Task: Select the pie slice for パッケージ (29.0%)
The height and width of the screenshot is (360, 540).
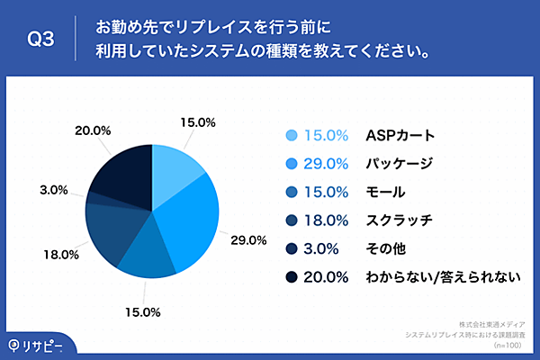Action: pyautogui.click(x=191, y=216)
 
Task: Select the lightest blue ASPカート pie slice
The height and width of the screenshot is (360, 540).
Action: pyautogui.click(x=174, y=167)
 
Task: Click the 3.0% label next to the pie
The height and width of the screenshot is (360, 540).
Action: pyautogui.click(x=54, y=190)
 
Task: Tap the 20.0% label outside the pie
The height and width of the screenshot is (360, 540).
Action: pyautogui.click(x=93, y=130)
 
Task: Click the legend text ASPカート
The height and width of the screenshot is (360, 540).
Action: pyautogui.click(x=400, y=136)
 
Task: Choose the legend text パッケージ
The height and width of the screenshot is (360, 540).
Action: pyautogui.click(x=400, y=164)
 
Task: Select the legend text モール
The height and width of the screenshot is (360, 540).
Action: pyautogui.click(x=385, y=192)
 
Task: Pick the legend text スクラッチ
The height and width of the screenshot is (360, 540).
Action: pyautogui.click(x=400, y=220)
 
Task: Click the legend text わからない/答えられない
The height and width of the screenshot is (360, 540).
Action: pyautogui.click(x=443, y=276)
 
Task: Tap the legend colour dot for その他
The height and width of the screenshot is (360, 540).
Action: pyautogui.click(x=291, y=248)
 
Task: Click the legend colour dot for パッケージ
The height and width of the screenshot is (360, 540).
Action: pyautogui.click(x=291, y=164)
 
